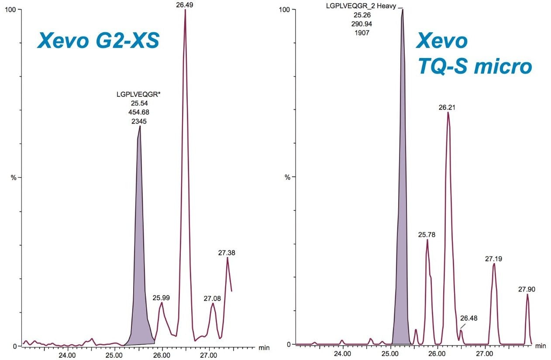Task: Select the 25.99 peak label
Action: (x=161, y=298)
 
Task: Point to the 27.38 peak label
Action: (x=227, y=253)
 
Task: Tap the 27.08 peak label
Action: (x=213, y=298)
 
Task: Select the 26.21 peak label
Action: (x=448, y=107)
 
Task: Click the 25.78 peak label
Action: (x=427, y=235)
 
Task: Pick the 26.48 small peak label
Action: (x=468, y=318)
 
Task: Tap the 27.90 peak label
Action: (x=527, y=289)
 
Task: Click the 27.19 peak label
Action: (x=493, y=259)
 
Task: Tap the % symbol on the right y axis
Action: (x=287, y=177)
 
